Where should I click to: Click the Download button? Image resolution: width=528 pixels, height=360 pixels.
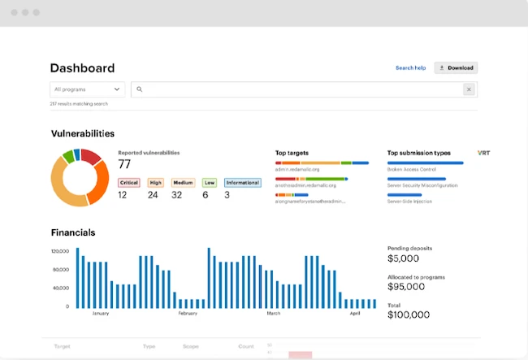click(x=456, y=68)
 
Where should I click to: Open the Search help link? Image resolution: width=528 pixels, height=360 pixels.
click(x=410, y=68)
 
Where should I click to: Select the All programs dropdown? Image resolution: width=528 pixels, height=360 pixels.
click(x=88, y=89)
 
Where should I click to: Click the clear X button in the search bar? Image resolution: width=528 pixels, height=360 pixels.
click(x=469, y=89)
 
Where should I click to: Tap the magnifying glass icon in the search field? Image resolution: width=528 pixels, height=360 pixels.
click(x=140, y=89)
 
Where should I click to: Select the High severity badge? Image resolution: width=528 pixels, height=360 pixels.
click(x=155, y=183)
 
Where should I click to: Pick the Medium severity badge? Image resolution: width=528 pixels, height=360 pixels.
click(x=183, y=183)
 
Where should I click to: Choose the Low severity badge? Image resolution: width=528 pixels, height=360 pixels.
click(x=210, y=183)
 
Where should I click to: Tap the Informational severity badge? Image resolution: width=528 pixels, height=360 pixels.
click(x=242, y=183)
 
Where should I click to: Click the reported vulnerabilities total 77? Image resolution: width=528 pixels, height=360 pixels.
click(x=125, y=164)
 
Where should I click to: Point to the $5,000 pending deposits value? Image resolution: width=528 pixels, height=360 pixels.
click(x=404, y=258)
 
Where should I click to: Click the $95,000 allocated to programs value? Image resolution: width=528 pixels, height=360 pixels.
click(x=406, y=286)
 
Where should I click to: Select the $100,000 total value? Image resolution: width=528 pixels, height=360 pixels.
click(x=409, y=314)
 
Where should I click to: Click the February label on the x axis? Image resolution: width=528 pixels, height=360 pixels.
click(x=188, y=313)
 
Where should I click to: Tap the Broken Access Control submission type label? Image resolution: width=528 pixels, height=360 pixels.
click(x=413, y=170)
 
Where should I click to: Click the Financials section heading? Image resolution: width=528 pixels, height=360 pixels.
click(x=73, y=232)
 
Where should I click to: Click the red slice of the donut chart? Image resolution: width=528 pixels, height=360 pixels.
click(x=91, y=156)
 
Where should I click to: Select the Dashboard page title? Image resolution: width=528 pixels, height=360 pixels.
click(x=83, y=68)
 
